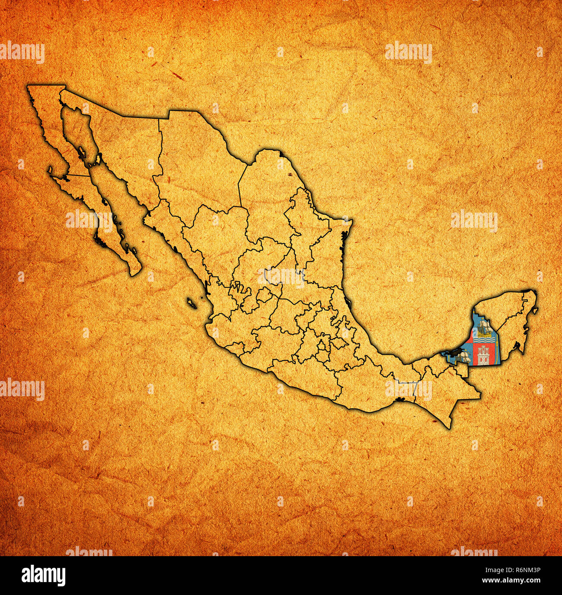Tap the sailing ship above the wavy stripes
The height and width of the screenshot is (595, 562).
pyautogui.click(x=483, y=328)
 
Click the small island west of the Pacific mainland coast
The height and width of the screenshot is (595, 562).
pyautogui.click(x=192, y=303)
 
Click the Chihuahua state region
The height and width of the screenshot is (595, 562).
pyautogui.click(x=195, y=164)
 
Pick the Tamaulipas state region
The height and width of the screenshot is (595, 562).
pyautogui.click(x=320, y=242)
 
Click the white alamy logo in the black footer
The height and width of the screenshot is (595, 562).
pyautogui.click(x=43, y=576)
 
